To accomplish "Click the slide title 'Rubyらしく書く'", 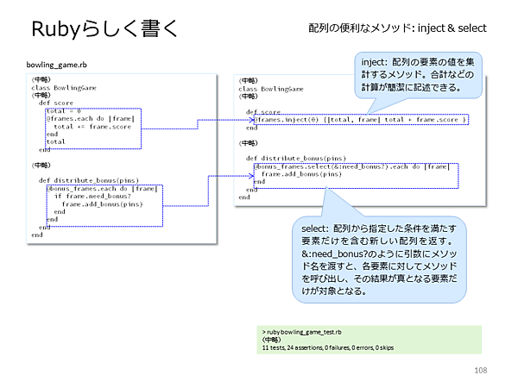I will [104, 29].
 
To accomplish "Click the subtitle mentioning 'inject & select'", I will [397, 28].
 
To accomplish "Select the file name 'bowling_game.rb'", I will [58, 66].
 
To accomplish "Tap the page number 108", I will [481, 370].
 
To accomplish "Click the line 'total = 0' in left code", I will [65, 110].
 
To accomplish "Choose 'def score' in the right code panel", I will [263, 112].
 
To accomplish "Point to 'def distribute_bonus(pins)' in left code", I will [90, 179].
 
